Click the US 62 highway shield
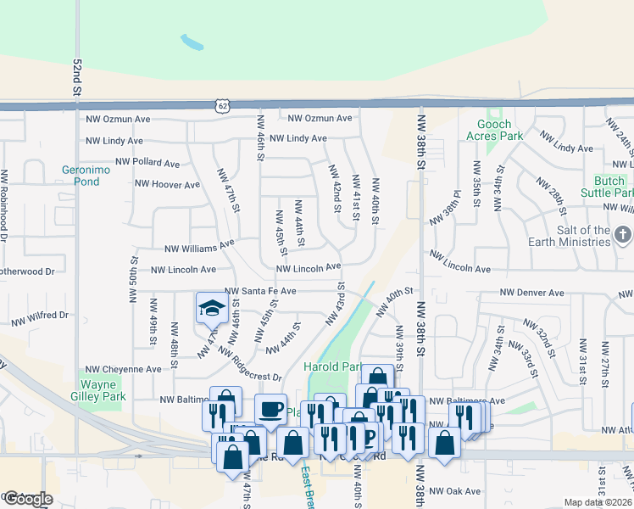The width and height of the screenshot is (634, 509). (222, 105)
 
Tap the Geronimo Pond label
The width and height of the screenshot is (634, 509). (81, 175)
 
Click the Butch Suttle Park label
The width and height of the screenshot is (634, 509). (603, 187)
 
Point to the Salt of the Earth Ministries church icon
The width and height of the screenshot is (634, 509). (622, 233)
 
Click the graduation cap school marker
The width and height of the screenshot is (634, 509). (211, 309)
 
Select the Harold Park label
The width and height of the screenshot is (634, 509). (333, 367)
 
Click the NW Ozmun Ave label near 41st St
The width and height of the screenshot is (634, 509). (320, 119)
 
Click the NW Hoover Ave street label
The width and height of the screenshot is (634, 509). (167, 184)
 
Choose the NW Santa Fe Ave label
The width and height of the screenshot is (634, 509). (260, 291)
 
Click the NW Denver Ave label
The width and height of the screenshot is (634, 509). (531, 293)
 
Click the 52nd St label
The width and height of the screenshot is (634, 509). (77, 76)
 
